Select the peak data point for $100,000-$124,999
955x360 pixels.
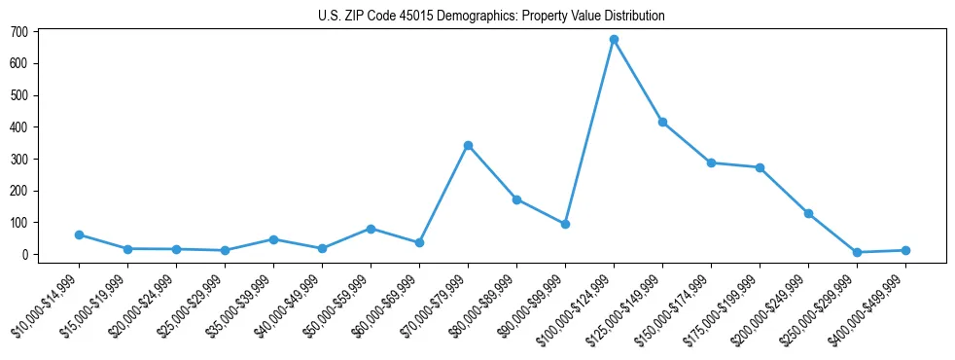(614, 40)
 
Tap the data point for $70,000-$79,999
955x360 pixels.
(468, 146)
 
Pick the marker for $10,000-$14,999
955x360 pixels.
(79, 234)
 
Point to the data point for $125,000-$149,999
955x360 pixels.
(662, 123)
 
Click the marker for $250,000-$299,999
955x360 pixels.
(857, 253)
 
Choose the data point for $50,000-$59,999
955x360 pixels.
(371, 229)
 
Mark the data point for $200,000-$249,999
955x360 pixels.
(808, 213)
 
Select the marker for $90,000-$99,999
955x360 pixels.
(565, 224)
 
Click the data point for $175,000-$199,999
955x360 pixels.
(760, 167)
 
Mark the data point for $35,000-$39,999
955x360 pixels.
(273, 239)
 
